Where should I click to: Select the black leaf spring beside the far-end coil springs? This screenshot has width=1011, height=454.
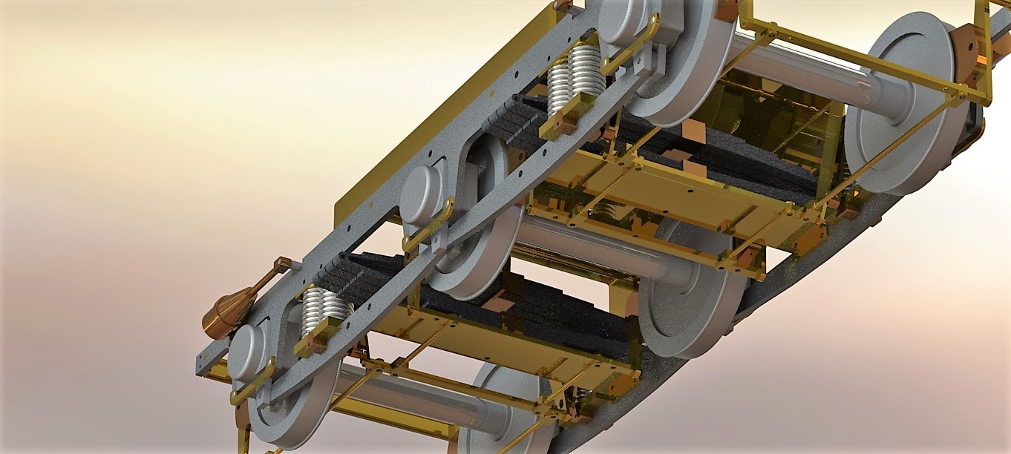[x=512, y=122]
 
